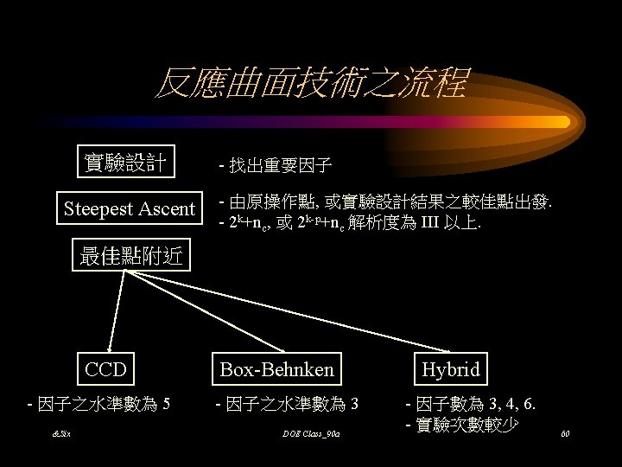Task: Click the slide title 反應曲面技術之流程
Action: [310, 84]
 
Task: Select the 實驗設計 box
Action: [125, 162]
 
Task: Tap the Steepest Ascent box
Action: [130, 208]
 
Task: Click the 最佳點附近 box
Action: [128, 256]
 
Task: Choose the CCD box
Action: [105, 369]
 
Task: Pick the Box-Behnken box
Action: [276, 369]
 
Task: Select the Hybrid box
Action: [450, 369]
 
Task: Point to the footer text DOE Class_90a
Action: [310, 432]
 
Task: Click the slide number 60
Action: [566, 432]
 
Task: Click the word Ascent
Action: [166, 208]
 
